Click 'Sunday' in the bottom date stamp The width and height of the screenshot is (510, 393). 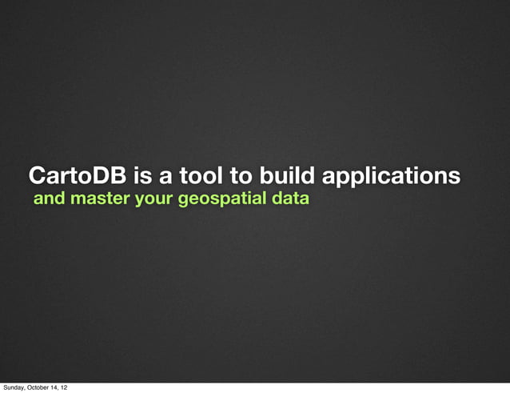[14, 387]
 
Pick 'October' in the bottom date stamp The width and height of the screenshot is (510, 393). [39, 387]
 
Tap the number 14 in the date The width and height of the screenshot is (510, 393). [58, 387]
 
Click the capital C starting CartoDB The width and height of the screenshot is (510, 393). [37, 175]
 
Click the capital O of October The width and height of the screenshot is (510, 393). [30, 387]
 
